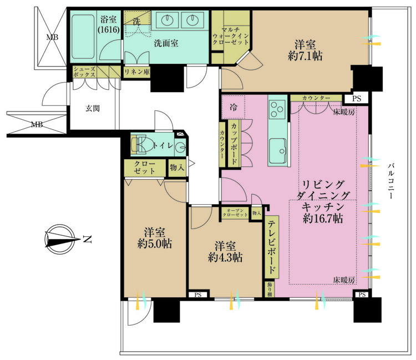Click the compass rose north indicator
tap(61, 240)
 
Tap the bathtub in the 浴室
tap(83, 37)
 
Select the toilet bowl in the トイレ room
tap(141, 145)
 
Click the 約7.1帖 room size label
tap(305, 56)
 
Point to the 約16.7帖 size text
tap(323, 219)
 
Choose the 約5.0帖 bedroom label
tap(155, 244)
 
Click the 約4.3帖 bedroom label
tap(225, 257)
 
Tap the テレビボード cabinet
tap(272, 247)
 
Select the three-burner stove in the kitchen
tap(277, 110)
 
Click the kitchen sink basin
tap(277, 151)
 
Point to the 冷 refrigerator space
tap(233, 107)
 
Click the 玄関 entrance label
tap(93, 108)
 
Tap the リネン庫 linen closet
tap(137, 72)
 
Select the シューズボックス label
tap(84, 72)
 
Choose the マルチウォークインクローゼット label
tap(231, 36)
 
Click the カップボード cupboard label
tap(234, 144)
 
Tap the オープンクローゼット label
tap(235, 212)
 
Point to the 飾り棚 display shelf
tap(270, 289)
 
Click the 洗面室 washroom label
tap(166, 43)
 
